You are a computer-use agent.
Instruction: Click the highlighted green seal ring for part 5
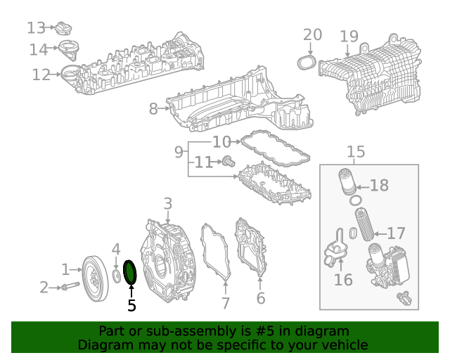click(x=130, y=271)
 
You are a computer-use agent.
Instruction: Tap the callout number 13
click(x=36, y=27)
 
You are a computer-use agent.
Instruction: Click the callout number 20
click(x=312, y=34)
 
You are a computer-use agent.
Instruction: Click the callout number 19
click(x=349, y=36)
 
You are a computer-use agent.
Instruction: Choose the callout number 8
click(x=153, y=109)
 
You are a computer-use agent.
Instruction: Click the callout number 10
click(x=221, y=141)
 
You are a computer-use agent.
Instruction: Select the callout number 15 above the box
click(x=356, y=151)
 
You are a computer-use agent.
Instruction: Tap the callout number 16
click(x=342, y=281)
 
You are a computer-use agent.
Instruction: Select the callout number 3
click(x=167, y=204)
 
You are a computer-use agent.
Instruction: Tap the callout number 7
click(x=226, y=304)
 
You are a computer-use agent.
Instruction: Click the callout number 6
click(x=260, y=299)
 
